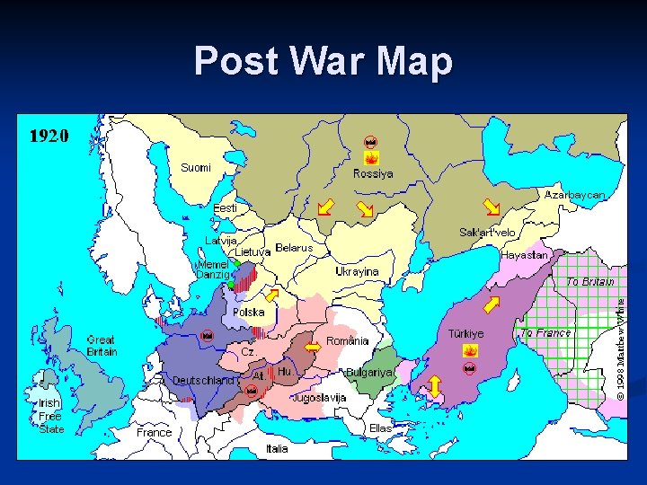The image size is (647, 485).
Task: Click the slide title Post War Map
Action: click(x=323, y=61)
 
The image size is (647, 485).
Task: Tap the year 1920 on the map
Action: click(x=49, y=136)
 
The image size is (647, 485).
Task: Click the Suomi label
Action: click(x=196, y=168)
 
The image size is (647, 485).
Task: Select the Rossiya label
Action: click(x=372, y=173)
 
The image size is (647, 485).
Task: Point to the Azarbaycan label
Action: click(x=574, y=195)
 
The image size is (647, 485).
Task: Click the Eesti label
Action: click(x=225, y=208)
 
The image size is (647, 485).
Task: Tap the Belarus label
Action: click(x=294, y=248)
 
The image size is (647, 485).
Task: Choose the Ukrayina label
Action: click(x=357, y=271)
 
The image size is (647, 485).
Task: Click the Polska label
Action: click(x=249, y=313)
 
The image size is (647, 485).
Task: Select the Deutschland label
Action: click(x=203, y=380)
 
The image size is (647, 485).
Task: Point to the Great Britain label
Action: click(x=102, y=346)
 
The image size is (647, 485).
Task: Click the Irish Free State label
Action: click(x=50, y=416)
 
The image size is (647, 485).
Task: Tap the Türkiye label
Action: click(x=465, y=333)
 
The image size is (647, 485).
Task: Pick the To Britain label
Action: click(x=589, y=282)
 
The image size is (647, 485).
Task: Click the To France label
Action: click(x=545, y=333)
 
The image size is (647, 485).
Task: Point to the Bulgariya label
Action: click(x=368, y=372)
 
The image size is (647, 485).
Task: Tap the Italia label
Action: click(x=277, y=448)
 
